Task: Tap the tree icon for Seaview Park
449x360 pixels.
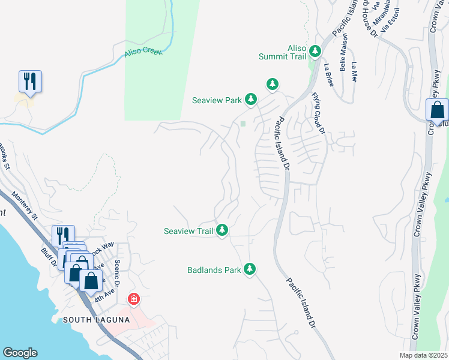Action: click(251, 99)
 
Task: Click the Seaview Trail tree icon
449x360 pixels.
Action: click(222, 229)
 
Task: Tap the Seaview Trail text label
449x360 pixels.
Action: click(189, 230)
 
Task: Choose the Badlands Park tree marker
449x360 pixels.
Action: click(250, 269)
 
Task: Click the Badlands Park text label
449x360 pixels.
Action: click(214, 270)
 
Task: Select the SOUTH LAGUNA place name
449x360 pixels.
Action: click(96, 320)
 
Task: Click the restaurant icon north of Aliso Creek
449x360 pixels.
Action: click(30, 81)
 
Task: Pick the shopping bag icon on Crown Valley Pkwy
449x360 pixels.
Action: click(437, 111)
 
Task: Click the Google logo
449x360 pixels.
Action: click(20, 353)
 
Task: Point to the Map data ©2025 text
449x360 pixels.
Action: click(423, 355)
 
